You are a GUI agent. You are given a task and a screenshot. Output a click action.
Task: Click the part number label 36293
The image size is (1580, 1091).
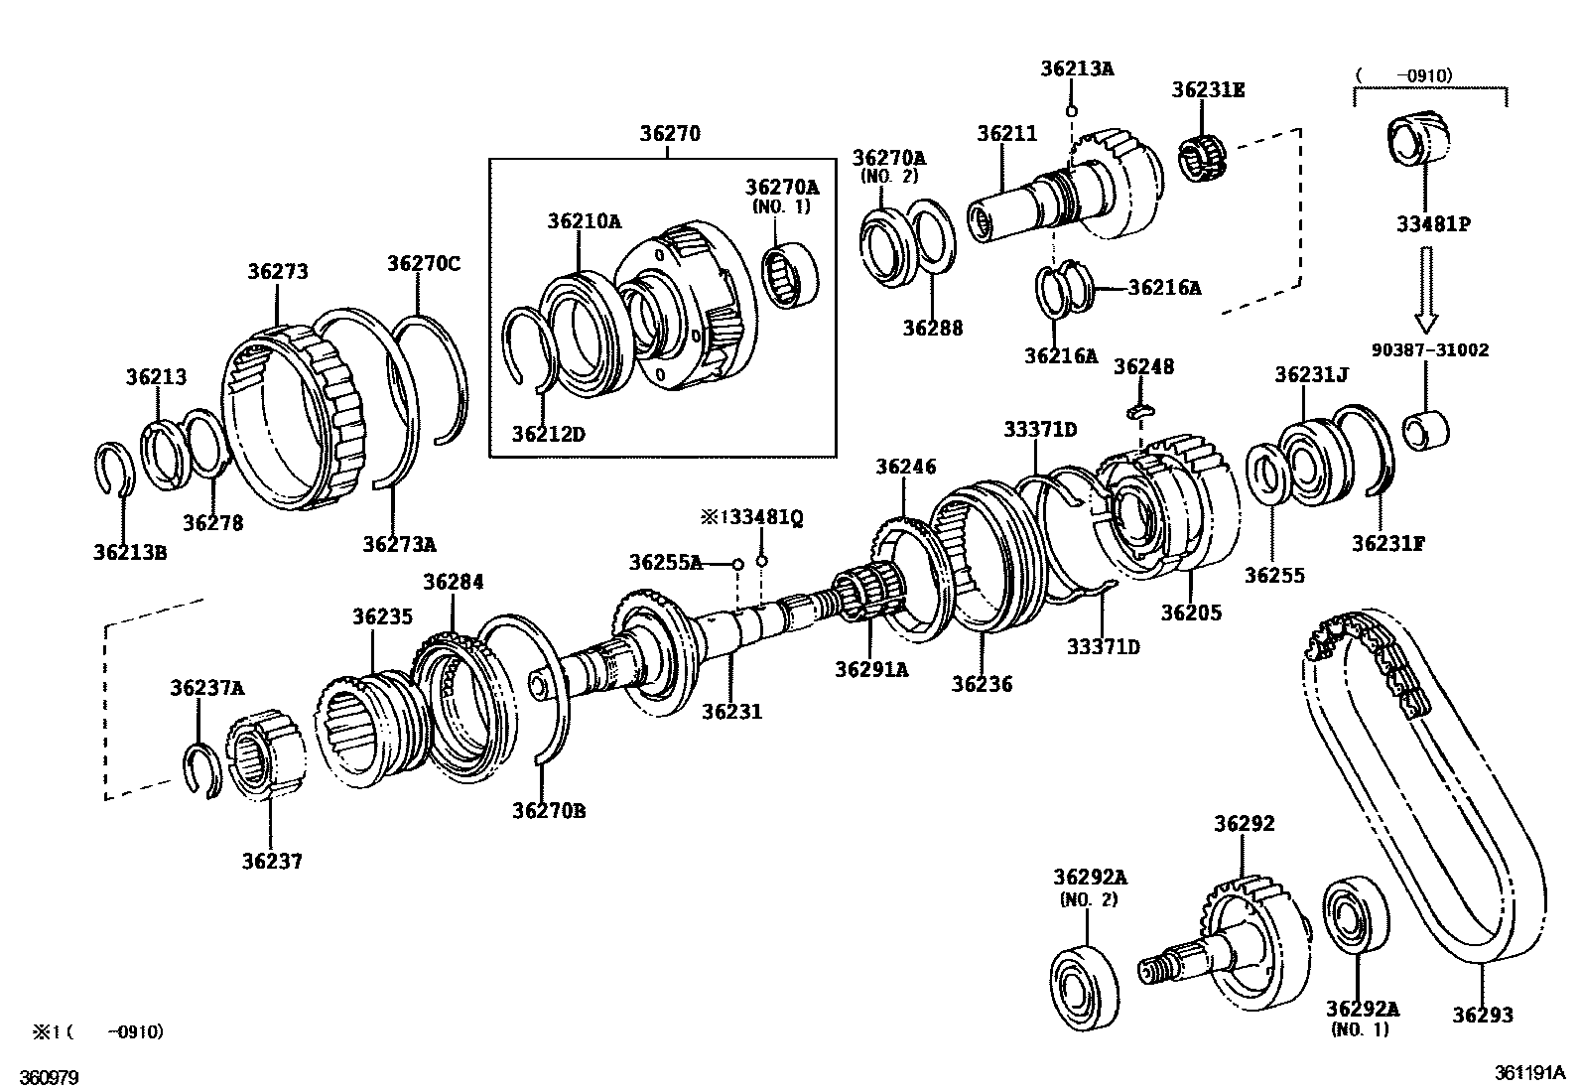tap(1483, 1015)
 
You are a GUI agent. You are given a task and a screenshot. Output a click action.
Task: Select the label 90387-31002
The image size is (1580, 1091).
tap(1430, 349)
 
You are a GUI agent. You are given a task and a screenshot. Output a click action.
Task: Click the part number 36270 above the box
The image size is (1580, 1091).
tap(669, 133)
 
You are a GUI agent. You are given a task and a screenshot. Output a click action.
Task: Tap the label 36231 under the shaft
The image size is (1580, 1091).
tap(731, 711)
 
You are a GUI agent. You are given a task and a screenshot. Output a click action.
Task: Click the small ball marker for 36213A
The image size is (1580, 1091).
tap(1071, 110)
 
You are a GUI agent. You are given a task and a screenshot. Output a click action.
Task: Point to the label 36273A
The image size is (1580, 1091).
tap(399, 544)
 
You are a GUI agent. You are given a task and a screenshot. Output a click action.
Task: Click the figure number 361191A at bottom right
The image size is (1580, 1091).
tap(1528, 1073)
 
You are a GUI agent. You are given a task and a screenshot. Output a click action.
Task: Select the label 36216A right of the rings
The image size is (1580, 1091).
tap(1163, 288)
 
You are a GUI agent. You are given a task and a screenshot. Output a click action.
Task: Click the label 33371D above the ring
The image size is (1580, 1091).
tap(1039, 429)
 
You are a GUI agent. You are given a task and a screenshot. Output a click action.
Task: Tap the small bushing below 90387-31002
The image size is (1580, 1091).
tap(1426, 428)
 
